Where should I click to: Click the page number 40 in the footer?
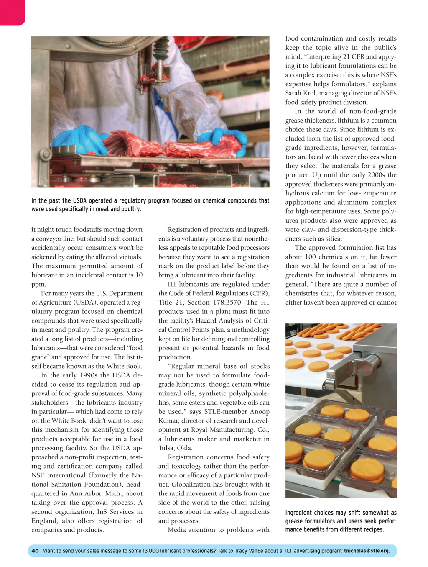(x=35, y=551)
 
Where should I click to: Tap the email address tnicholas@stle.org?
(x=367, y=551)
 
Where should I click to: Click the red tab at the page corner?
(x=12, y=12)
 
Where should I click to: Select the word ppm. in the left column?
(x=38, y=284)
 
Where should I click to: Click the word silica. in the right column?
(x=333, y=239)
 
